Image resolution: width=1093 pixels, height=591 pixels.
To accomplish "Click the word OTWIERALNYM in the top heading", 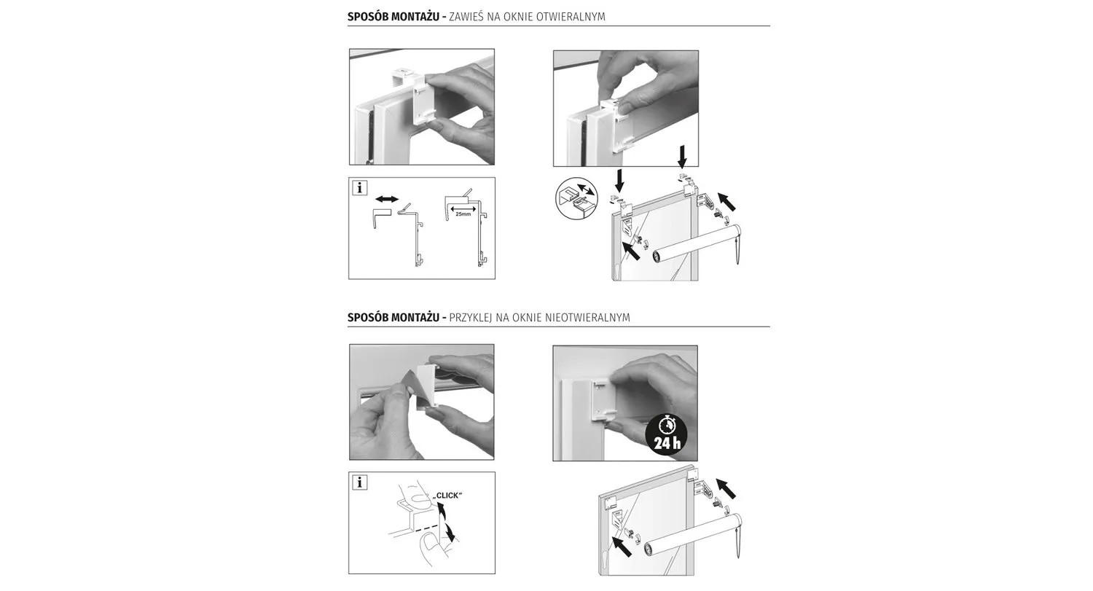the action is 571,17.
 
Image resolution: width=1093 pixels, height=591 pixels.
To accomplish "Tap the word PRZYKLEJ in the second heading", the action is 471,318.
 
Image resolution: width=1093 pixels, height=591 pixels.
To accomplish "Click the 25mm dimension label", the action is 463,214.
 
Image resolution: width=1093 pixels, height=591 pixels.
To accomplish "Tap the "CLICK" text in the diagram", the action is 447,496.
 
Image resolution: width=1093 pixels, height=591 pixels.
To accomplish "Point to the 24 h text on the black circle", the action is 667,444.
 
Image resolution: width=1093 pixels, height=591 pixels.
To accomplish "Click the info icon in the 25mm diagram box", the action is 360,188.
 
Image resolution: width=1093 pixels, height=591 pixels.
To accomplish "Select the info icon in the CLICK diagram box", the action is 360,482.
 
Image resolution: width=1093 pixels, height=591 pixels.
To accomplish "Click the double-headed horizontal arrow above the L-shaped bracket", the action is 387,199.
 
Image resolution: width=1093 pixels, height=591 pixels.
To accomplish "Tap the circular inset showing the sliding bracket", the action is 577,198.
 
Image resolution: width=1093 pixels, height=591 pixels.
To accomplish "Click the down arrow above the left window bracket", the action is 619,181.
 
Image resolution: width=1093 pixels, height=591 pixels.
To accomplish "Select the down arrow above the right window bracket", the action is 682,156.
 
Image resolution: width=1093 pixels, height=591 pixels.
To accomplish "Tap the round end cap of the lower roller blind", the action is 650,549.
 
